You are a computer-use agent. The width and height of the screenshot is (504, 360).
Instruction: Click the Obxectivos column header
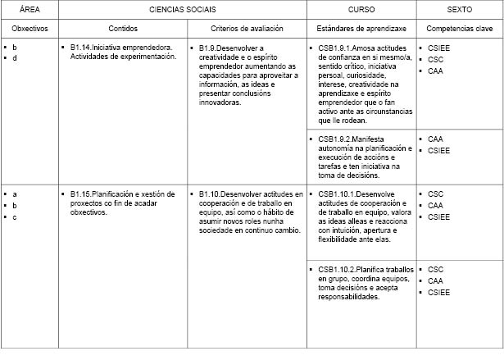30,29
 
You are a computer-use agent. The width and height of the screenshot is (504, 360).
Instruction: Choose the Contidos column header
123,29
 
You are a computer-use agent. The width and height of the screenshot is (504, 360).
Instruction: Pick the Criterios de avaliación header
247,29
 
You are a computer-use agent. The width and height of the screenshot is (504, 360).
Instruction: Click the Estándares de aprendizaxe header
361,29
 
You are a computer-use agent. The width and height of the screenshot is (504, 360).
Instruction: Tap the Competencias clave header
459,29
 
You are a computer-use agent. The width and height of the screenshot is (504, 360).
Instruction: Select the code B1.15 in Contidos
84,194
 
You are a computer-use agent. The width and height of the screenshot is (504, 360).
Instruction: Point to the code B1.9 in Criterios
210,48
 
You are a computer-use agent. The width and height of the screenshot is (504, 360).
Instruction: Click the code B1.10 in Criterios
212,194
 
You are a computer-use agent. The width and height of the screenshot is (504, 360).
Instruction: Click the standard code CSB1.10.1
338,194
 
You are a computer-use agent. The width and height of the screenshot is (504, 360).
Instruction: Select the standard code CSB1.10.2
338,269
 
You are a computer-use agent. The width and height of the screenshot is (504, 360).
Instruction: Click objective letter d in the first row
15,59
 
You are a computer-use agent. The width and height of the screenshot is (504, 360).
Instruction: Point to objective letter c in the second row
15,216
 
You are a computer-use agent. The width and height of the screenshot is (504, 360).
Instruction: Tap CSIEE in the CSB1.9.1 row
439,48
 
